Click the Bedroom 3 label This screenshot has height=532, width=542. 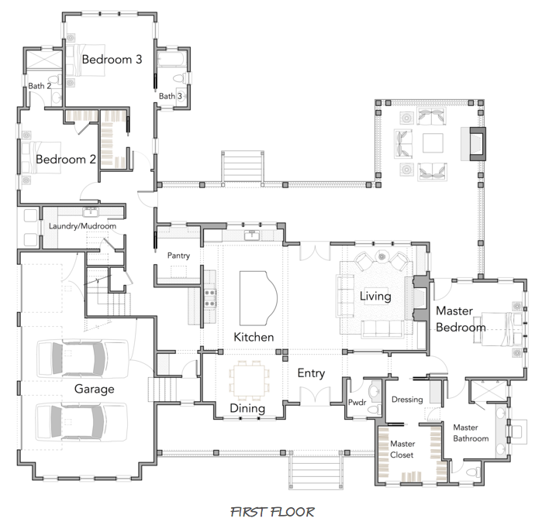pos(112,60)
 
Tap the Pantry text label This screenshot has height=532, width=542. pos(178,256)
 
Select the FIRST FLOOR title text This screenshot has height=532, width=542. pos(272,512)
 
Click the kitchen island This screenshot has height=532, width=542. pos(258,298)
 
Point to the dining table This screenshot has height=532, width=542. pos(249,380)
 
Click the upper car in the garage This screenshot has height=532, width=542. pos(82,359)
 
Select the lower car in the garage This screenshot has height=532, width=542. pos(81,421)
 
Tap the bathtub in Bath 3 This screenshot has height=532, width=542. pos(171,58)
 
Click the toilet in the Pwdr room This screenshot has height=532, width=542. pos(373,410)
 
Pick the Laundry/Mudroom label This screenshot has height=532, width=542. pos(82,226)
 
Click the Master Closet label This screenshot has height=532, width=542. pos(402,449)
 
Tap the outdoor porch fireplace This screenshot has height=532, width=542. pos(474,143)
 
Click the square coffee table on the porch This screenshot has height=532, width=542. pos(433,143)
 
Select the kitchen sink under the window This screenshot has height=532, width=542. pos(252,235)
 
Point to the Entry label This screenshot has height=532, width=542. pos(311,373)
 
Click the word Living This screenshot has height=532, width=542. pos(375,297)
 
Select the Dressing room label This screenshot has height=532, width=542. pos(407,400)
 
